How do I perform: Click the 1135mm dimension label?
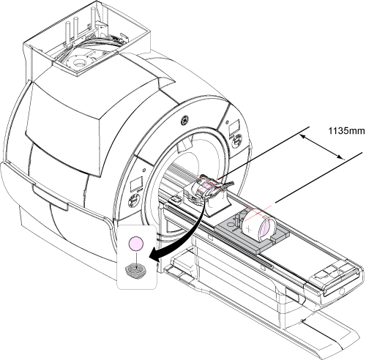346,131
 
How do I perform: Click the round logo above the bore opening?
184,121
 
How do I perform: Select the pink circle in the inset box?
136,244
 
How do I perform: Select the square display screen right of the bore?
234,127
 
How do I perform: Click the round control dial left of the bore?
133,202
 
